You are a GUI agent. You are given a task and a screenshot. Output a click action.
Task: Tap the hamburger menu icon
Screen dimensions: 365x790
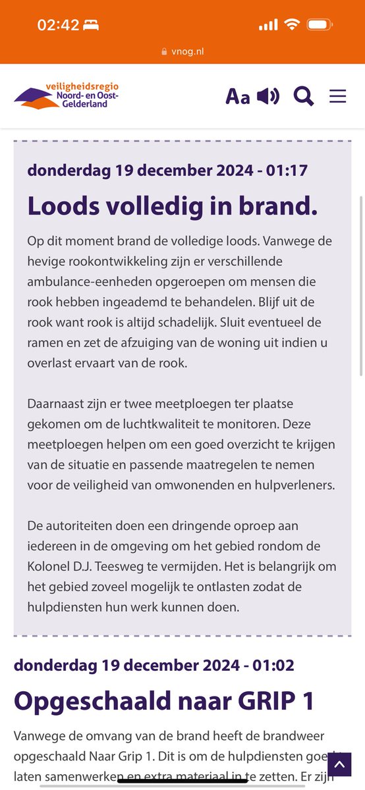[338, 96]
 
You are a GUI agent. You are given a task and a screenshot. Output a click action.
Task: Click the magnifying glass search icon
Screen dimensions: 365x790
[304, 96]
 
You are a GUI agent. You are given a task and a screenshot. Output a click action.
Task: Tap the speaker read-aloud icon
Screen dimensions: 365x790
[268, 96]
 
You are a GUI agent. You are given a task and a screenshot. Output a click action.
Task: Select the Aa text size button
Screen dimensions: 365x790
[238, 97]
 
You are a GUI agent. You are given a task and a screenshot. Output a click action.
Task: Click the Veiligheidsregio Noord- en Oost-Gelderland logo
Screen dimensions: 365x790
[67, 96]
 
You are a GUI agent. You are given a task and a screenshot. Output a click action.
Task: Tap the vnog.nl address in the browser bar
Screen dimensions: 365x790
[186, 51]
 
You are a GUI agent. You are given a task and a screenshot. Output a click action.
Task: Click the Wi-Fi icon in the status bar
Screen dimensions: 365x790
[291, 25]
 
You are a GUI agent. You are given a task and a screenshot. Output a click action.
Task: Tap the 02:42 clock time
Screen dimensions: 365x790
[58, 26]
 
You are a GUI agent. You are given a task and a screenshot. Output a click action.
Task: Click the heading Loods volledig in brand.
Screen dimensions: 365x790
[173, 205]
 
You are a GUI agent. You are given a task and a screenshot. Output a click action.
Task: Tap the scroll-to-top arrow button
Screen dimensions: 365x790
[339, 765]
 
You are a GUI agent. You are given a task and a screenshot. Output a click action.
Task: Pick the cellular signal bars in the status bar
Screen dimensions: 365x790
[268, 25]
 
